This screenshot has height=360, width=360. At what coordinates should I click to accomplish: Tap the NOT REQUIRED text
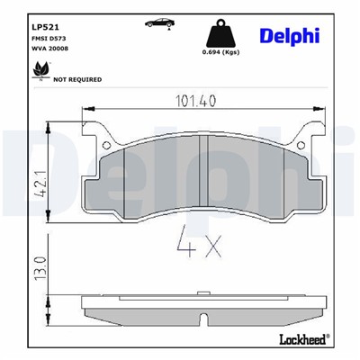click(77, 80)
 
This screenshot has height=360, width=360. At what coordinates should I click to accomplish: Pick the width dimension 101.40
click(198, 102)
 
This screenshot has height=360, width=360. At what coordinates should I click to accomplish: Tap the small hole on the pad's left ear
click(106, 143)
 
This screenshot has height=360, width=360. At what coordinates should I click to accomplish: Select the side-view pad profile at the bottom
click(199, 308)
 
